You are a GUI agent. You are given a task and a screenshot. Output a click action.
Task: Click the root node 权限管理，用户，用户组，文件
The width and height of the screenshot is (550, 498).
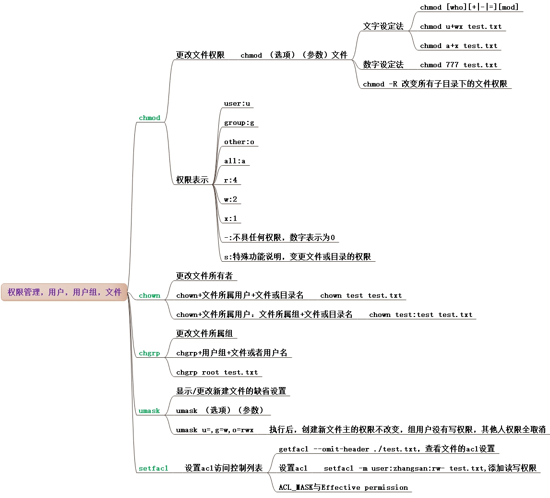click(64, 292)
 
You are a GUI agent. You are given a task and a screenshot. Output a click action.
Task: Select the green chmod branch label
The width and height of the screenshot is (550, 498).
click(149, 118)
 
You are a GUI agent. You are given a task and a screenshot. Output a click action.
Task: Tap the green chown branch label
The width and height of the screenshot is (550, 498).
click(149, 296)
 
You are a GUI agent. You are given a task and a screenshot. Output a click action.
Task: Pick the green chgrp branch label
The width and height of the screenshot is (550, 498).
click(149, 353)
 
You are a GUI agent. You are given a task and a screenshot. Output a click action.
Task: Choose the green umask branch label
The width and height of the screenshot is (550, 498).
click(149, 411)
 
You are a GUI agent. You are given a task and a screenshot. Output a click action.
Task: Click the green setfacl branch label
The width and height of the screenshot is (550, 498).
click(153, 468)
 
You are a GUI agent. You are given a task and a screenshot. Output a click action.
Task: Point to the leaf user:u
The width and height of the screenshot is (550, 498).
click(237, 104)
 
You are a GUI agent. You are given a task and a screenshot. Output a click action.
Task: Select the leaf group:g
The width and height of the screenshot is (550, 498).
click(239, 123)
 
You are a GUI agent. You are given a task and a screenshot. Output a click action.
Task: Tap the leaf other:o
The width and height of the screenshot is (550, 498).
click(239, 142)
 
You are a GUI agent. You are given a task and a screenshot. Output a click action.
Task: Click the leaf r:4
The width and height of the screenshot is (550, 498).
click(230, 181)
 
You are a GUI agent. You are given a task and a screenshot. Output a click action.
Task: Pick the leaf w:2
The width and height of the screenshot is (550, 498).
click(230, 200)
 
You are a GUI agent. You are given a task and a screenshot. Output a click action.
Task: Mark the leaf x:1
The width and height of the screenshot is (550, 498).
click(230, 219)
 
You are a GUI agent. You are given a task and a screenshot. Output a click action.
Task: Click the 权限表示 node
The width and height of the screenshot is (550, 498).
click(192, 180)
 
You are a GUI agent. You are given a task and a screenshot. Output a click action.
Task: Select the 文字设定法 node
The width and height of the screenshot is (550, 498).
click(383, 26)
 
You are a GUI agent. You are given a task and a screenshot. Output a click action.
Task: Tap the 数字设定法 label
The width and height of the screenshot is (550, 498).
click(383, 65)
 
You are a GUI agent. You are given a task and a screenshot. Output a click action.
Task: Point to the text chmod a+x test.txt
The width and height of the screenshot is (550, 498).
click(458, 46)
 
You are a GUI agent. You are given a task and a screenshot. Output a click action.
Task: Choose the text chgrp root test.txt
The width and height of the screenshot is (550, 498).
click(217, 373)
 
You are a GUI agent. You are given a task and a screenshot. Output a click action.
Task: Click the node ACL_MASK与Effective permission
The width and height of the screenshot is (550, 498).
click(343, 487)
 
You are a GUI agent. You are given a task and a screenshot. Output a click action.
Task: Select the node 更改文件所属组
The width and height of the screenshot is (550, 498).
click(204, 334)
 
